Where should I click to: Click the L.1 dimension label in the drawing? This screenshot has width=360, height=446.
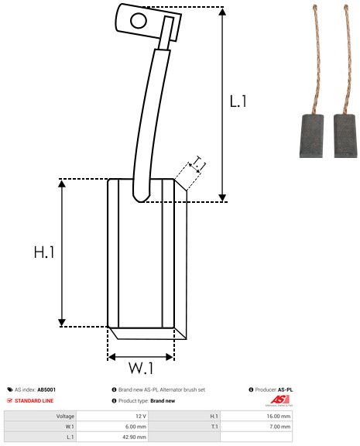[239, 101]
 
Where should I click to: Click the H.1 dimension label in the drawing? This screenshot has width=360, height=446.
[43, 252]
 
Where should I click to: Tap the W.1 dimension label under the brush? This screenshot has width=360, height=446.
[140, 366]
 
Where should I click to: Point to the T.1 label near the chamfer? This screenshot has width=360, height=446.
[197, 163]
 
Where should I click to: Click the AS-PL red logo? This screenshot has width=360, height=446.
[280, 400]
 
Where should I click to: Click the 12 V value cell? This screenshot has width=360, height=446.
[140, 416]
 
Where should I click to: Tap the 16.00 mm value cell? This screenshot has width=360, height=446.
[278, 416]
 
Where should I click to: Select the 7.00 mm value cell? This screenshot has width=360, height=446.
[279, 426]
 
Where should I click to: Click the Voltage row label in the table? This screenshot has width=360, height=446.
[65, 416]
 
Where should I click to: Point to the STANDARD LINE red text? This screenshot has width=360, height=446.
[35, 400]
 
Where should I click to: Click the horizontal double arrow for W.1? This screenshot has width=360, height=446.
[141, 357]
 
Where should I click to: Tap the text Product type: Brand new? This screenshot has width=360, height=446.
[147, 400]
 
